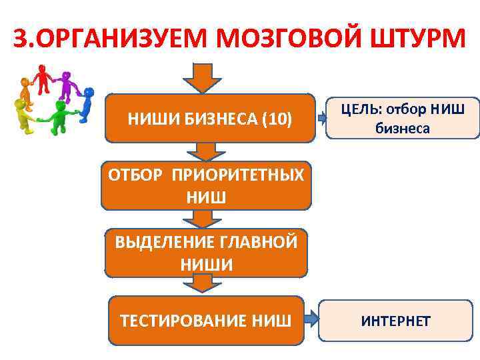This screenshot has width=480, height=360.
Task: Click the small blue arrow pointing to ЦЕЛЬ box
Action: coord(323,119)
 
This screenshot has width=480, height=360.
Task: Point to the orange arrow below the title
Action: coord(205,77)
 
